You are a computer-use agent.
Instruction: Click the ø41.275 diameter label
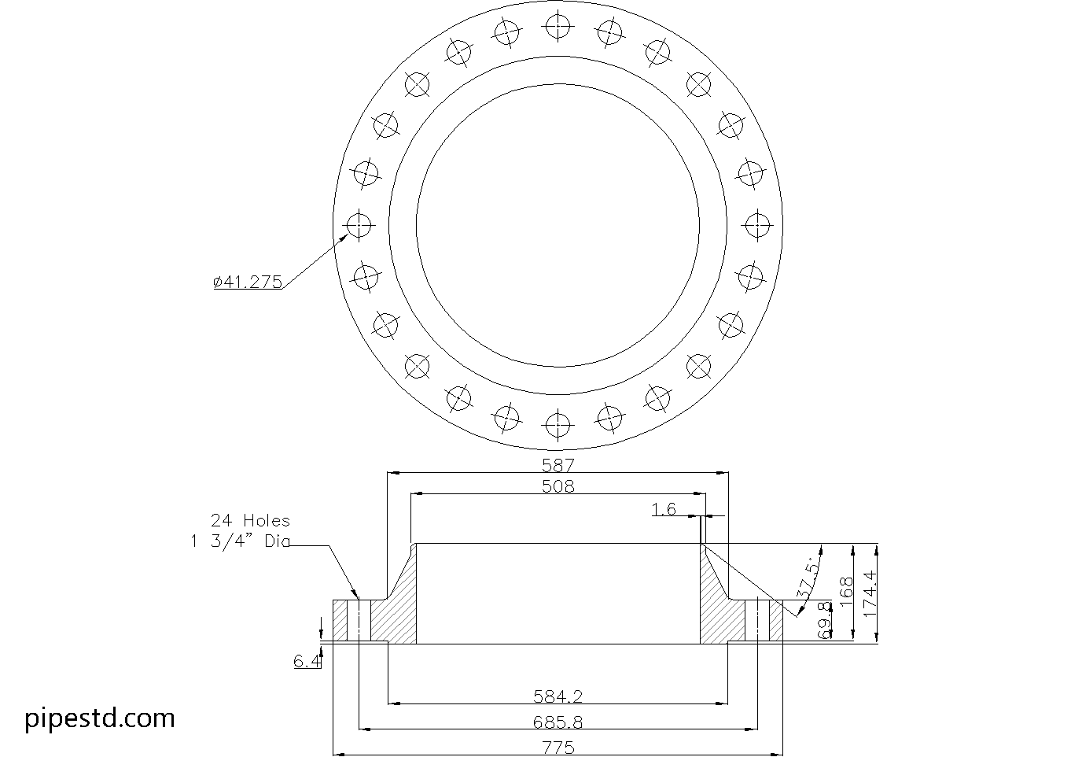(x=248, y=282)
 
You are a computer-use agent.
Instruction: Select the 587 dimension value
(x=558, y=465)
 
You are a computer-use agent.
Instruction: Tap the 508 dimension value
(x=558, y=486)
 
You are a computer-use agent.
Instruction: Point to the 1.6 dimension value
(x=664, y=510)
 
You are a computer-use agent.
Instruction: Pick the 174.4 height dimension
(x=868, y=593)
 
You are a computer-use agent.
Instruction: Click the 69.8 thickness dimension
(x=825, y=619)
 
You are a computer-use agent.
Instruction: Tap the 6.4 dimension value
(x=307, y=662)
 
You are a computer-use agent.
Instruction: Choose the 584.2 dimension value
(x=558, y=696)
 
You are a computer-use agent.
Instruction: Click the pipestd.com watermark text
(x=100, y=718)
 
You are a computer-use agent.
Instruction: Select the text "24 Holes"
(x=249, y=521)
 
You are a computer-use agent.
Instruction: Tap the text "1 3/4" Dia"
(x=240, y=541)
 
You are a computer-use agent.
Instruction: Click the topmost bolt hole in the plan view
(x=558, y=25)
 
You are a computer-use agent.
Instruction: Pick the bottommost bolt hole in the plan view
(x=558, y=426)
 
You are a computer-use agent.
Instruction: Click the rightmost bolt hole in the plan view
(x=757, y=225)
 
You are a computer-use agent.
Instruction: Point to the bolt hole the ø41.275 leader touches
(x=359, y=226)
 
